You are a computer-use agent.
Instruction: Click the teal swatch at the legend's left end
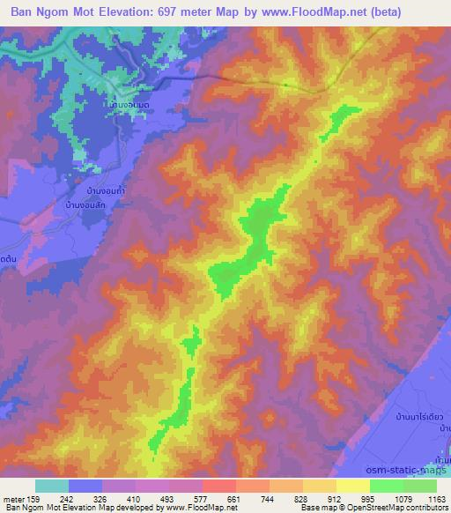(52, 486)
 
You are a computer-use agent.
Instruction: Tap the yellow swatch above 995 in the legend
(353, 486)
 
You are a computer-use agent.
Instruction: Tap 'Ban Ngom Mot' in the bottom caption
(33, 508)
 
